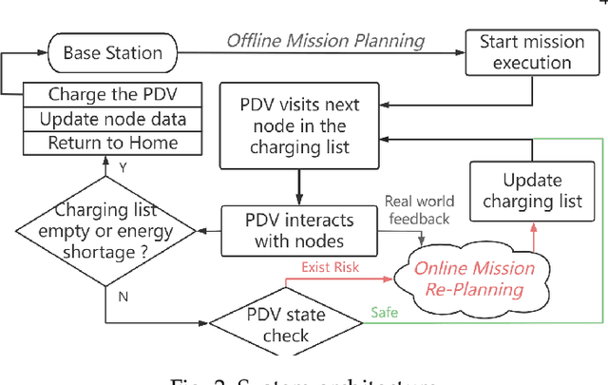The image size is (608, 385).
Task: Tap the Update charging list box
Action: pos(531,191)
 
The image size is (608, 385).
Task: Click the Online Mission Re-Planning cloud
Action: pos(474,279)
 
